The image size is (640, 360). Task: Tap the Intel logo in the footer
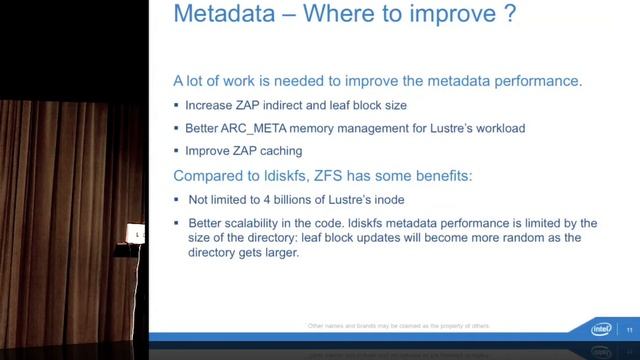(x=601, y=328)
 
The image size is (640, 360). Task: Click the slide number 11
(x=629, y=328)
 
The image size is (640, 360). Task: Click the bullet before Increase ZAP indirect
(x=176, y=105)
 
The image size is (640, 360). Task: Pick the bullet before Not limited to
(x=176, y=198)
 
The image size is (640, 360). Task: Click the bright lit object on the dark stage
(x=137, y=234)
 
